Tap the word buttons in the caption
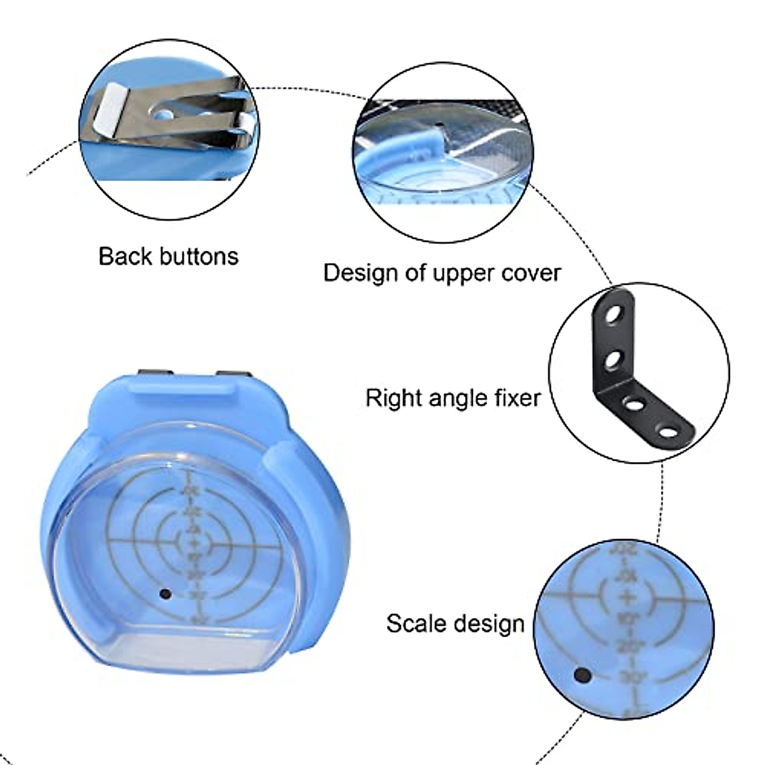click(198, 256)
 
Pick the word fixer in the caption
click(517, 398)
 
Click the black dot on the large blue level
click(165, 594)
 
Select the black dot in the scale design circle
click(581, 674)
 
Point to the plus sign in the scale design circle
click(627, 597)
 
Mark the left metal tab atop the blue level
click(156, 373)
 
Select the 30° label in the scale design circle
click(632, 677)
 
